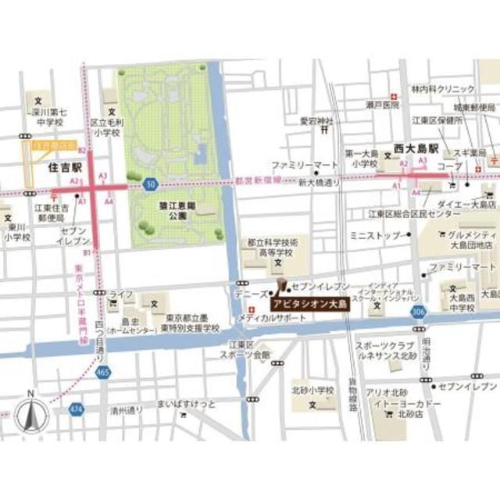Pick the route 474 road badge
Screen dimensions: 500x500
point(76,409)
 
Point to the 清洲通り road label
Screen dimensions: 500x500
point(126,409)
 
